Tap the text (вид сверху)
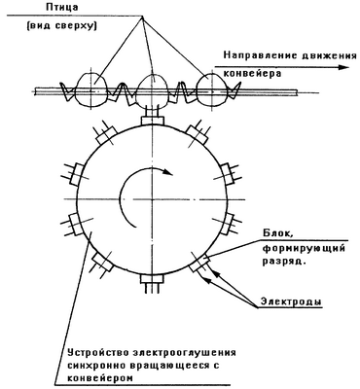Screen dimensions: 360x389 [61, 26]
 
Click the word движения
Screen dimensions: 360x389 [326, 55]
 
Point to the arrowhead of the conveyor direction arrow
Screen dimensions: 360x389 [342, 67]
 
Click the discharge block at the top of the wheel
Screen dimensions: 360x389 [152, 121]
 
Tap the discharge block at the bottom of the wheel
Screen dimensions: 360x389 [152, 279]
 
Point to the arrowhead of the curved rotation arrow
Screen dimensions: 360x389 [168, 172]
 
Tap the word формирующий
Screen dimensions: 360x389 [303, 249]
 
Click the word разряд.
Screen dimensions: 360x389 [284, 262]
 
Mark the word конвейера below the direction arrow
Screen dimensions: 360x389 [252, 73]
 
